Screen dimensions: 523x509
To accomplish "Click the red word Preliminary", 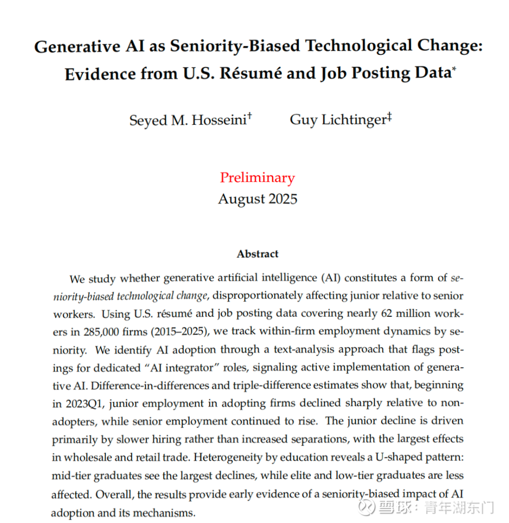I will click(x=257, y=178).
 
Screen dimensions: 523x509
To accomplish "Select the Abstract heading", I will click(x=257, y=254).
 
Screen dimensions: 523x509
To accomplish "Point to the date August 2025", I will click(x=257, y=199).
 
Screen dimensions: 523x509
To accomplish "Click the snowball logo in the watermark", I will click(x=366, y=508).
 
